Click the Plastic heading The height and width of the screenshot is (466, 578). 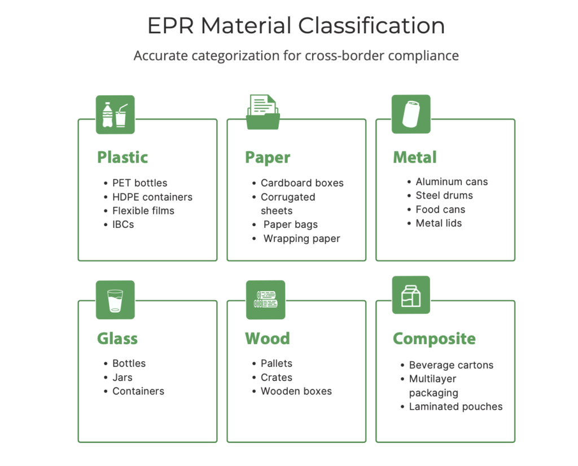point(122,157)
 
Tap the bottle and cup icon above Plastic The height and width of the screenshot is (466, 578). point(115,115)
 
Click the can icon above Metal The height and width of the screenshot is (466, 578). point(411,114)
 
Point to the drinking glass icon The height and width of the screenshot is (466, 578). point(115,300)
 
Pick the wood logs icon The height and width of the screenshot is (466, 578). point(265,300)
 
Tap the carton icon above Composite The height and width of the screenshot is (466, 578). point(411,295)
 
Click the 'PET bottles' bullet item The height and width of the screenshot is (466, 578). point(139,183)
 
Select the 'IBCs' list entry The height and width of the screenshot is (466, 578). point(123,225)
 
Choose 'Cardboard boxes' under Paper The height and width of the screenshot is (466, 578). point(302,183)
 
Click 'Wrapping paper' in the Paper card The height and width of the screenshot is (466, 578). point(302,239)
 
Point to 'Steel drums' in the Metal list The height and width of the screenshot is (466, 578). point(444,196)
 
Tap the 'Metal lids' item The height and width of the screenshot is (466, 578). point(439,223)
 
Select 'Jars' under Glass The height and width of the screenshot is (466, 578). point(122,377)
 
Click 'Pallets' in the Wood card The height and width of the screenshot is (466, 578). point(277,363)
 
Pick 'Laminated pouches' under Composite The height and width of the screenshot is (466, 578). point(456,406)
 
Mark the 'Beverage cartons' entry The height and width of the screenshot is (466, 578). point(451,365)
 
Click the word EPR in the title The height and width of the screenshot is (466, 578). point(170,26)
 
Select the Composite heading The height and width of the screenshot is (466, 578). point(434,338)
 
